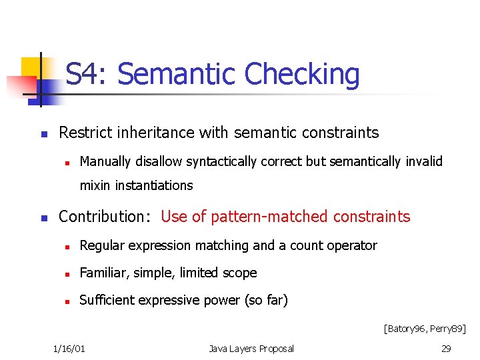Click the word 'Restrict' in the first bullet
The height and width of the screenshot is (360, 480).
coord(85,133)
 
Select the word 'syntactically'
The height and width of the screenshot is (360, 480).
coord(223,161)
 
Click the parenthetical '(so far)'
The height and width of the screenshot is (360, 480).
coord(265,300)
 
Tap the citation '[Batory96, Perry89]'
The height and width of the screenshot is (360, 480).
coord(424,328)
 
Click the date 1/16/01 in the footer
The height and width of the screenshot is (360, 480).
coord(73,349)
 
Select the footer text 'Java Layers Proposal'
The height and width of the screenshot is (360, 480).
coord(251,349)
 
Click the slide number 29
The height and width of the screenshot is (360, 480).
coord(446,349)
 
